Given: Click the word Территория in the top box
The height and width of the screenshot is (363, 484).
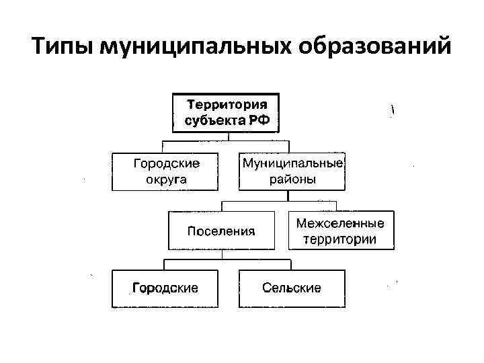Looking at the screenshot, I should (227, 106).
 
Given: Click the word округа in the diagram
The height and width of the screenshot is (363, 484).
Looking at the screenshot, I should (165, 179).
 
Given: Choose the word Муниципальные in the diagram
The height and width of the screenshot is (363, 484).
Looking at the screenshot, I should (292, 163).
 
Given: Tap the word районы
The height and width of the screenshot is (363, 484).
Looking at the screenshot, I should (292, 179).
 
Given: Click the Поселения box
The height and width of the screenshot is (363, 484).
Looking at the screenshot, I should (221, 231).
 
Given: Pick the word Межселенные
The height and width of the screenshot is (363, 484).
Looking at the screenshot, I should (341, 223).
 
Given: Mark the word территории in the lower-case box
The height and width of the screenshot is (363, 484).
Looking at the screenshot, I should (341, 239).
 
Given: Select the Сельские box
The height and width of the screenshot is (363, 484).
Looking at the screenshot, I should (292, 288).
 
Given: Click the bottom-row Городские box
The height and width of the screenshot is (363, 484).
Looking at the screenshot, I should (165, 288).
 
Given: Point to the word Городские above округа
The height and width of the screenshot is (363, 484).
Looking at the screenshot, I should (165, 163).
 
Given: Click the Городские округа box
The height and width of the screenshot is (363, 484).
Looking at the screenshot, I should (165, 171).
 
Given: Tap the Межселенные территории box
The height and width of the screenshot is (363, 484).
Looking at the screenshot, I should (341, 231).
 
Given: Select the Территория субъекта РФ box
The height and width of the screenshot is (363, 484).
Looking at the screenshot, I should (227, 114).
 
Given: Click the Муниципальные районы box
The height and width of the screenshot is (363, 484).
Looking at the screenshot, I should (292, 171).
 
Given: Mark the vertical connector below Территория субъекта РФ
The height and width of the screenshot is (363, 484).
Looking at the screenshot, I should (229, 136).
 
